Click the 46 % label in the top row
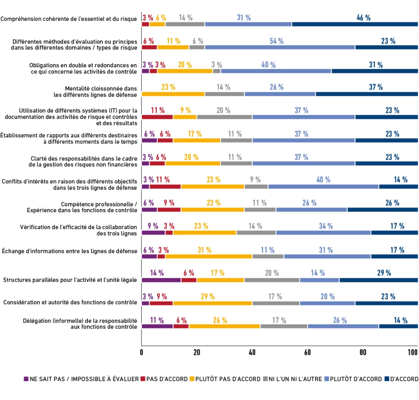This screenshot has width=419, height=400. click(363, 17)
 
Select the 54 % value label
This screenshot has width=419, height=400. click(276, 41)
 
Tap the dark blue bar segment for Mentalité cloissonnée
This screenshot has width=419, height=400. click(367, 94)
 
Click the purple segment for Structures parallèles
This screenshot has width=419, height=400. click(161, 280)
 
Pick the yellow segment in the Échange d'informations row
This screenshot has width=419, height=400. click(209, 257)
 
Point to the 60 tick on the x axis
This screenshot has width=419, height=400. click(307, 352)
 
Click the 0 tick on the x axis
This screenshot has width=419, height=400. click(141, 352)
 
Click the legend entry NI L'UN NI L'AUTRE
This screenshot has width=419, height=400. click(293, 379)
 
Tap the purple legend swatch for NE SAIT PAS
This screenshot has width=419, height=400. click(26, 379)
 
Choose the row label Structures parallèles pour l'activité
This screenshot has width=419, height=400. click(70, 280)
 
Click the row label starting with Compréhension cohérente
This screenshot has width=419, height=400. click(69, 19)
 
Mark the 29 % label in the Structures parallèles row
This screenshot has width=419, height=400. click(384, 273)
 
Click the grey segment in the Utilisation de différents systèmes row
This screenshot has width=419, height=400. click(224, 117)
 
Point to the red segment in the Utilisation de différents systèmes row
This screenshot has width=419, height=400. click(157, 117)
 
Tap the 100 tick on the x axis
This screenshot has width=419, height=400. click(413, 352)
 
